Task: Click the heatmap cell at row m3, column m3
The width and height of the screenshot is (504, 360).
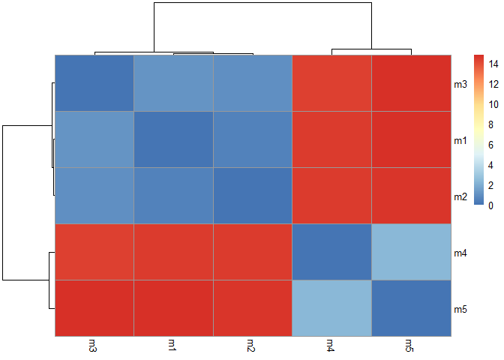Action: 94,83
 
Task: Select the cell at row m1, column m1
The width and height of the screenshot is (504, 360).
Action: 173,139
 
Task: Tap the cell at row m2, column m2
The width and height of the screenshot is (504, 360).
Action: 253,196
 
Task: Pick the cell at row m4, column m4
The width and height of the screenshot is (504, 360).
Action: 331,252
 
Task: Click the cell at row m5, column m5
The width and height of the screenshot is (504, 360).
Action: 411,308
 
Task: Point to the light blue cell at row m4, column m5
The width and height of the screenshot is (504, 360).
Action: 411,252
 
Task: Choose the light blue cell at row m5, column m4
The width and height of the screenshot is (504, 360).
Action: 331,308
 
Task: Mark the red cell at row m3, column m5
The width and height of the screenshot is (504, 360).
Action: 411,83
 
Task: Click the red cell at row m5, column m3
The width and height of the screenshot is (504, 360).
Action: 94,308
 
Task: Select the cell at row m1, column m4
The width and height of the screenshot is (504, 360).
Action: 331,139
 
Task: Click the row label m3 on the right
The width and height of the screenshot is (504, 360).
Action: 460,84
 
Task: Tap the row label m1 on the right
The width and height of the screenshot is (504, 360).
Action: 460,140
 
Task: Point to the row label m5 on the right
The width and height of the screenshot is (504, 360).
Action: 460,309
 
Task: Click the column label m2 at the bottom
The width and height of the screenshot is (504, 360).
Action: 252,345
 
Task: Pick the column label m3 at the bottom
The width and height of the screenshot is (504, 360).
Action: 93,345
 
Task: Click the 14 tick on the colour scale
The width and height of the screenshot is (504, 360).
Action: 491,64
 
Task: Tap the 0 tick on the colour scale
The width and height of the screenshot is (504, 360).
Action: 490,205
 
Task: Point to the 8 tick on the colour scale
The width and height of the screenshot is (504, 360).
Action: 490,124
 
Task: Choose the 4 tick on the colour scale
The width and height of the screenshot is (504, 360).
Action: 490,165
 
